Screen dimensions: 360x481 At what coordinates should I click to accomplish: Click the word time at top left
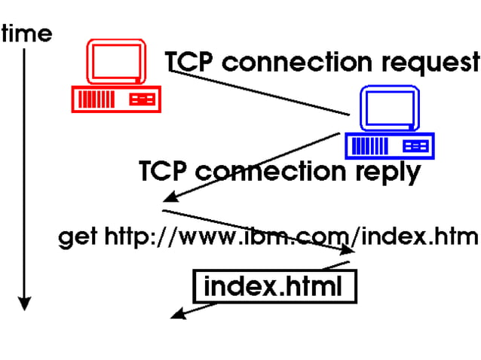pos(27,34)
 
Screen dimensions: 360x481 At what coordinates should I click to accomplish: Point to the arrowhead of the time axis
pos(25,303)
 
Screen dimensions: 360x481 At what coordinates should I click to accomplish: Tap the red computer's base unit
pos(116,99)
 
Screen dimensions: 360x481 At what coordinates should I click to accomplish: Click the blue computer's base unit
pos(390,145)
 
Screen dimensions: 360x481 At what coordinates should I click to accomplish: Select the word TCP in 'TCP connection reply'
pos(164,172)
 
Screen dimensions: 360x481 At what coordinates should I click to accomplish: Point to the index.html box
pos(273,286)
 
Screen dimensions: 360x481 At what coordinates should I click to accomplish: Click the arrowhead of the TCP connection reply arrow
pos(170,198)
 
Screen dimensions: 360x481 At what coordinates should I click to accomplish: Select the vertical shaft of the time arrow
pos(25,173)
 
